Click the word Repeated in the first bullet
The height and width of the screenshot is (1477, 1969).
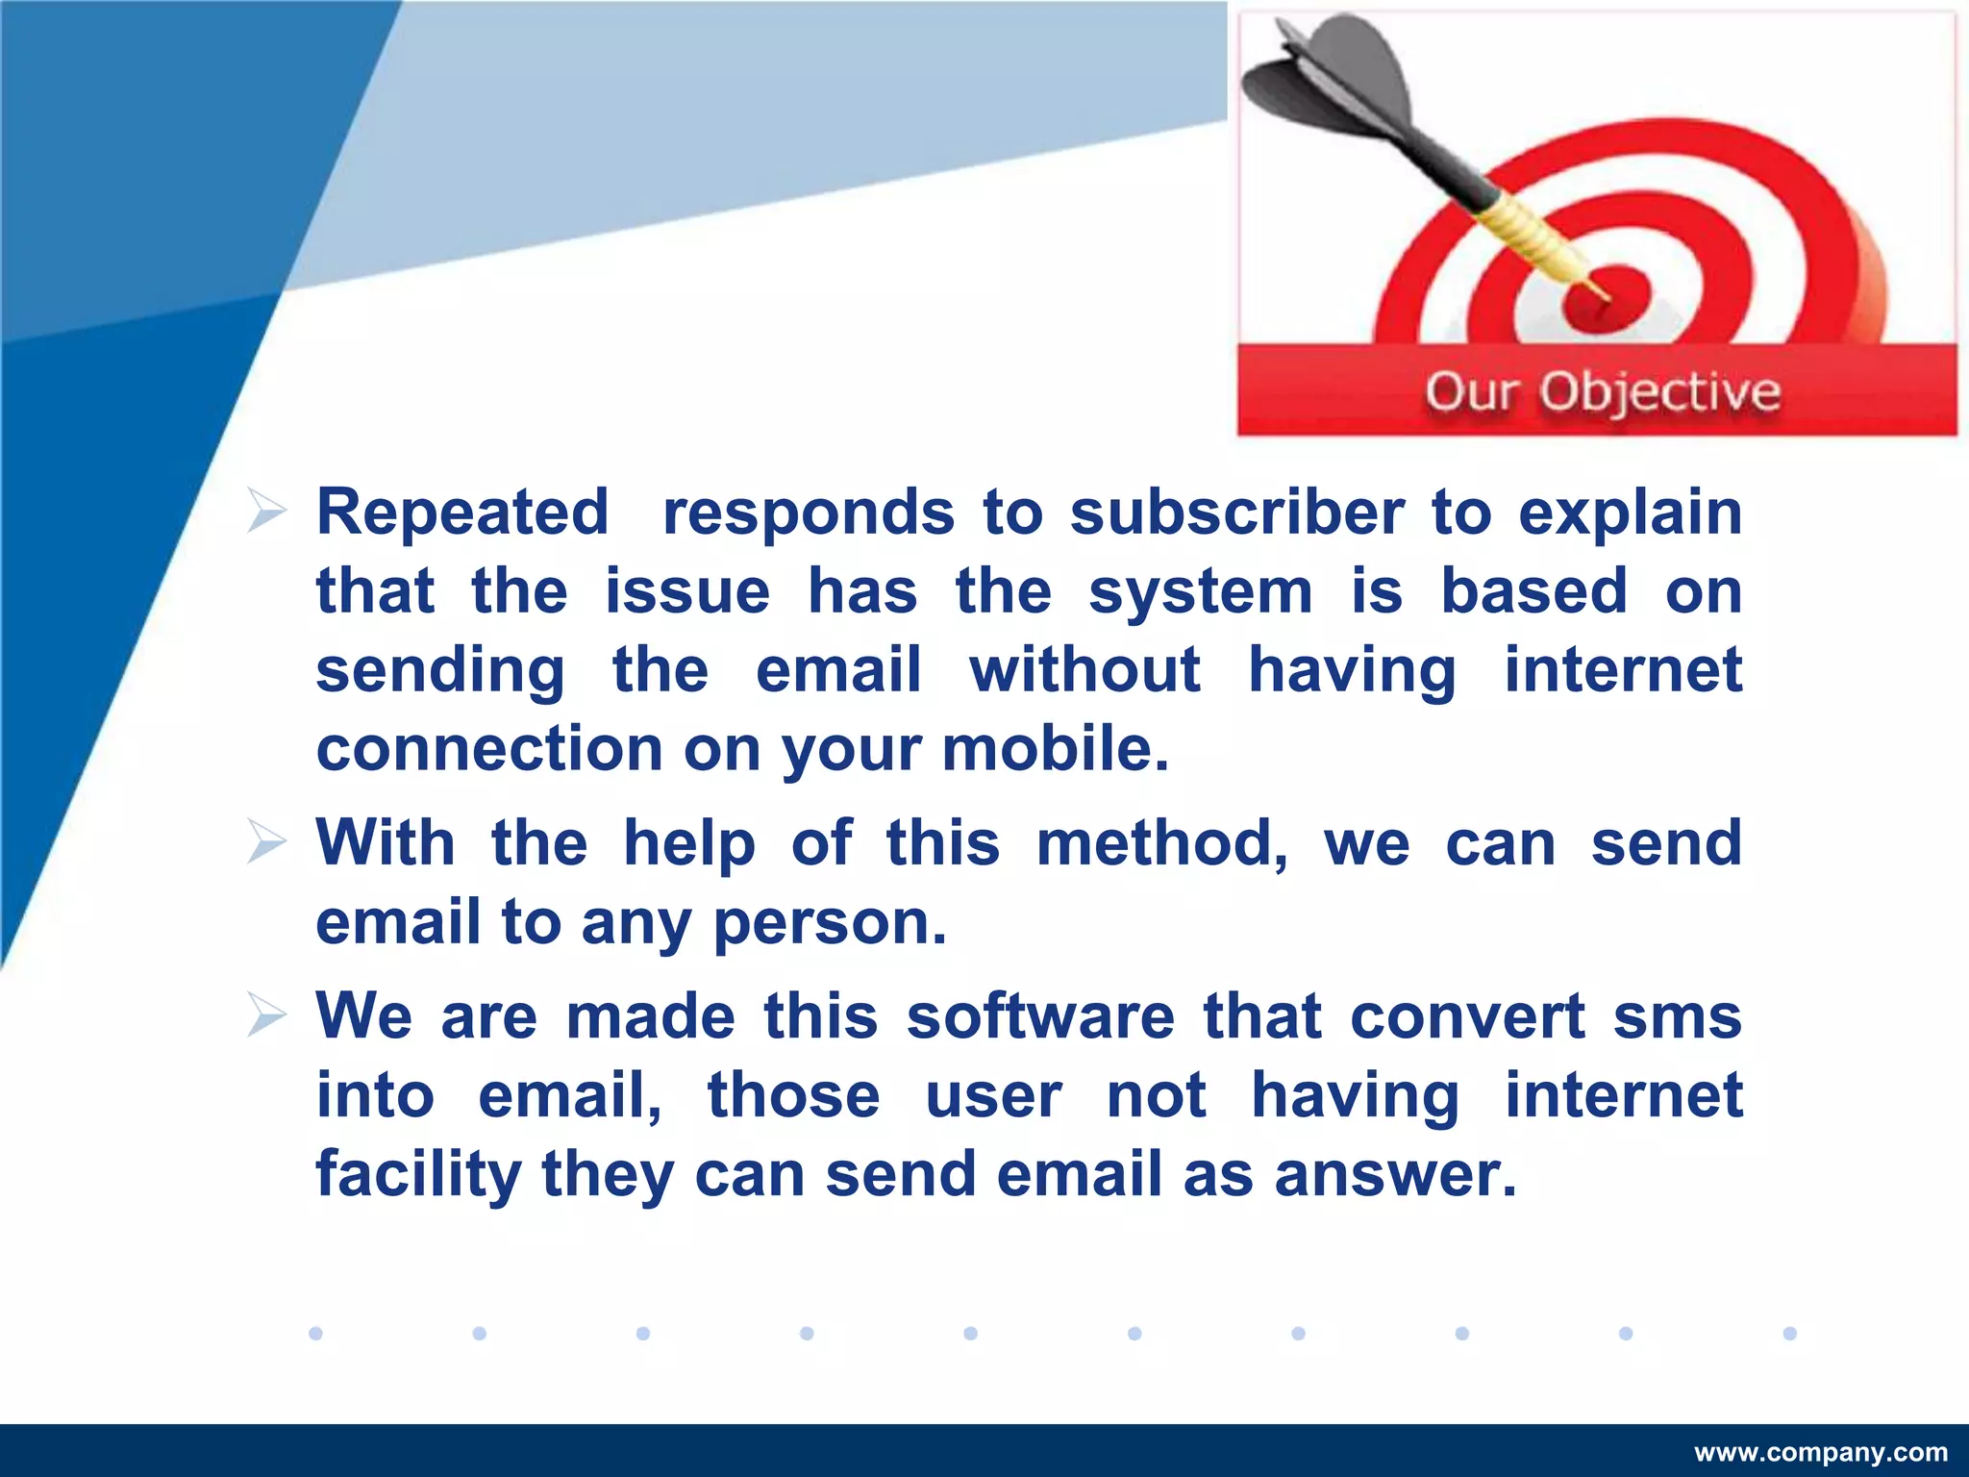tap(462, 512)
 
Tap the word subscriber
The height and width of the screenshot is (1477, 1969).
tap(1236, 512)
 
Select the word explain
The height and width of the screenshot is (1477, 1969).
tap(1630, 513)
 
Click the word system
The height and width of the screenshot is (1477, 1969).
tap(1200, 592)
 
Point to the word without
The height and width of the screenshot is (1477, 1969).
tap(1084, 670)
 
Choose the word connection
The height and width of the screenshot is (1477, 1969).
tap(489, 749)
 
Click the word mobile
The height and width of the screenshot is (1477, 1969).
tap(1055, 749)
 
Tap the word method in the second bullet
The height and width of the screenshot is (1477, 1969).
tap(1161, 844)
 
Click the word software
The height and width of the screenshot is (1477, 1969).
tap(1040, 1016)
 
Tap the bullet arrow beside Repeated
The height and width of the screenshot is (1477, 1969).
tap(266, 511)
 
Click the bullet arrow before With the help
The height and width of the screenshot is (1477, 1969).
tap(266, 841)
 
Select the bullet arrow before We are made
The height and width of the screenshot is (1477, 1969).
tap(266, 1015)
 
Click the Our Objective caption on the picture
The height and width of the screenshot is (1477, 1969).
tap(1602, 392)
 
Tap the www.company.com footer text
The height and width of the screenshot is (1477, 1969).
tap(1821, 1452)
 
